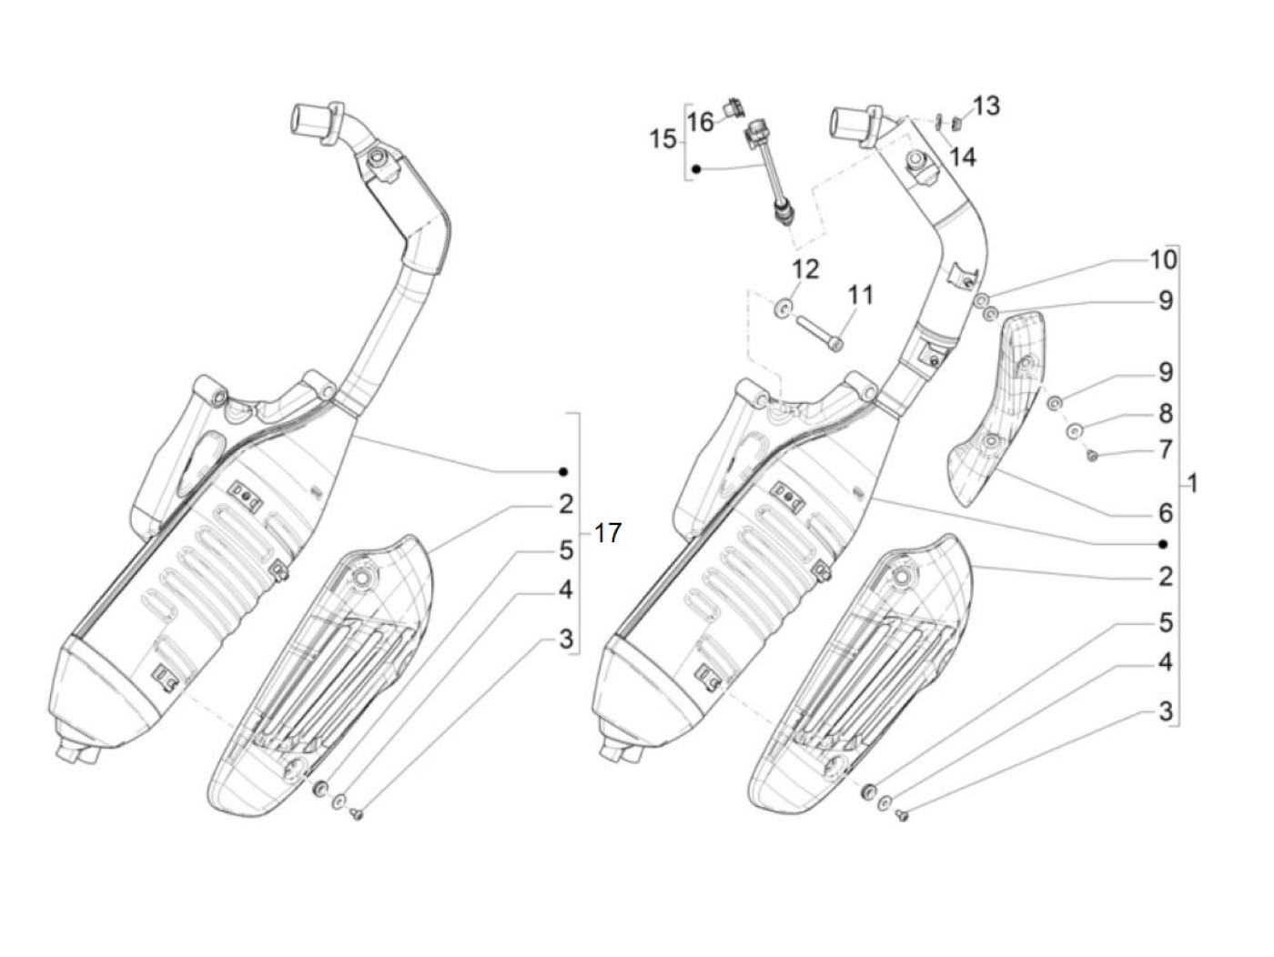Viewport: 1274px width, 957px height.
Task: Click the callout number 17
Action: tap(607, 533)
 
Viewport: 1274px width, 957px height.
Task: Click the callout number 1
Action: tap(1193, 483)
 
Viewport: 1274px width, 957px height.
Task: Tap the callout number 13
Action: tap(986, 106)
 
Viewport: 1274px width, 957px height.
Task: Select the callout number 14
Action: tap(962, 157)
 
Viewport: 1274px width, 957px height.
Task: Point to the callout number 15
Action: tap(663, 139)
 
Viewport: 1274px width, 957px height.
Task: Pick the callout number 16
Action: tap(701, 121)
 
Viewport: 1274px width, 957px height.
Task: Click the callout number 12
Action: tap(804, 268)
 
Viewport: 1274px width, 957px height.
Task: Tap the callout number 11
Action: tap(860, 295)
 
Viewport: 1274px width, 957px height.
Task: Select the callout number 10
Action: tap(1163, 259)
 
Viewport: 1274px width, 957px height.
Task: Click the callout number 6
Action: tap(1166, 513)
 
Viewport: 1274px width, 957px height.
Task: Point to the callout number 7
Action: tap(1166, 449)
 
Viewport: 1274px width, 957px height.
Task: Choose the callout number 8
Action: tap(1166, 414)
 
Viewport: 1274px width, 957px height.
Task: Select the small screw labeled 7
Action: tap(1093, 455)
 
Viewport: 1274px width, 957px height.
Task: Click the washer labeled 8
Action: tap(1075, 428)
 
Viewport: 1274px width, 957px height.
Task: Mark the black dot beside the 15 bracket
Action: tap(697, 169)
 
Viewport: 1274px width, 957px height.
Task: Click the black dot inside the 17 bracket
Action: tap(563, 471)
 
